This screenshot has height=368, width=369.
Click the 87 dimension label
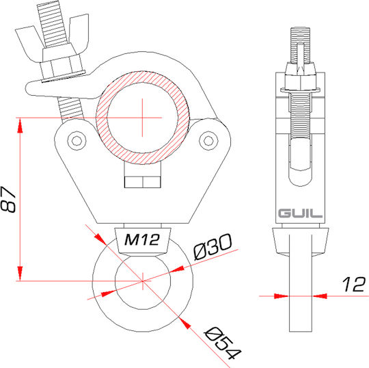pyautogui.click(x=8, y=200)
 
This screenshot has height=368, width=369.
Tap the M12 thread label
pyautogui.click(x=142, y=240)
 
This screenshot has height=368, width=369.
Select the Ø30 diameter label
pyautogui.click(x=213, y=247)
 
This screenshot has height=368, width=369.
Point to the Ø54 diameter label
pyautogui.click(x=223, y=343)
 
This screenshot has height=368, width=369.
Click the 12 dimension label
pyautogui.click(x=354, y=284)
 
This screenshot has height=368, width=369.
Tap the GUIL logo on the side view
pyautogui.click(x=300, y=213)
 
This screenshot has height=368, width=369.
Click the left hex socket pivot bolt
pyautogui.click(x=77, y=141)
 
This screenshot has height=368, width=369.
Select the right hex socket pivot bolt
pyautogui.click(x=208, y=141)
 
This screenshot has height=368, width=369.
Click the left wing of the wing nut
pyautogui.click(x=30, y=42)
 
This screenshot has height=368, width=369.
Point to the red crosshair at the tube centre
pyautogui.click(x=142, y=118)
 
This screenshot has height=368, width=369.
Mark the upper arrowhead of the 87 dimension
pyautogui.click(x=20, y=125)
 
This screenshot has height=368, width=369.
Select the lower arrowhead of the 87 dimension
pyautogui.click(x=20, y=274)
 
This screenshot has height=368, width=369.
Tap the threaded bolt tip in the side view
pyautogui.click(x=300, y=44)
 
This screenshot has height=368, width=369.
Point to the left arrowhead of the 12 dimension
pyautogui.click(x=282, y=296)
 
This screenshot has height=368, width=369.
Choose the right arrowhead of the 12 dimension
pyautogui.click(x=320, y=296)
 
